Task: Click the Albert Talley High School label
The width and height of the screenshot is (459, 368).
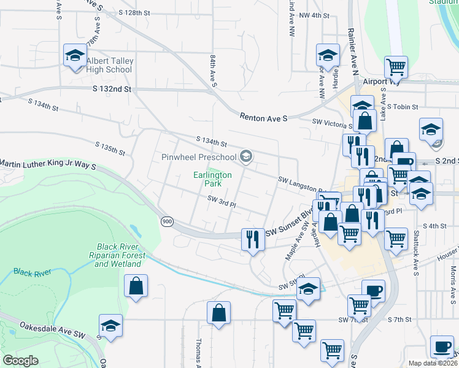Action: click(x=109, y=65)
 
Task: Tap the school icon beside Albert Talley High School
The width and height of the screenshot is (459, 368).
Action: click(x=75, y=56)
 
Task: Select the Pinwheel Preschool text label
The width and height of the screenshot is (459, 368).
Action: click(x=199, y=157)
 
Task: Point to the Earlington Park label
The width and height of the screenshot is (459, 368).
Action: click(x=213, y=179)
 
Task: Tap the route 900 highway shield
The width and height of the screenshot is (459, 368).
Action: click(x=167, y=221)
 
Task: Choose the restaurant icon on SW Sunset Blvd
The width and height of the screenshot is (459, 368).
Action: click(x=252, y=239)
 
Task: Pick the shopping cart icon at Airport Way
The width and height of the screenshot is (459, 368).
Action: click(x=396, y=67)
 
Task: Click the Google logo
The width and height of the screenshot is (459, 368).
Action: click(x=20, y=361)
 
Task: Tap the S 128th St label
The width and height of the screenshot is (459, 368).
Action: click(x=134, y=12)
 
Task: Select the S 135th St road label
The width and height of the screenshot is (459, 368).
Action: click(x=110, y=148)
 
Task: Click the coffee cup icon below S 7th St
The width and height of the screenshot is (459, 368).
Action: click(x=442, y=347)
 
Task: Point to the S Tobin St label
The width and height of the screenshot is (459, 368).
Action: click(x=402, y=106)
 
